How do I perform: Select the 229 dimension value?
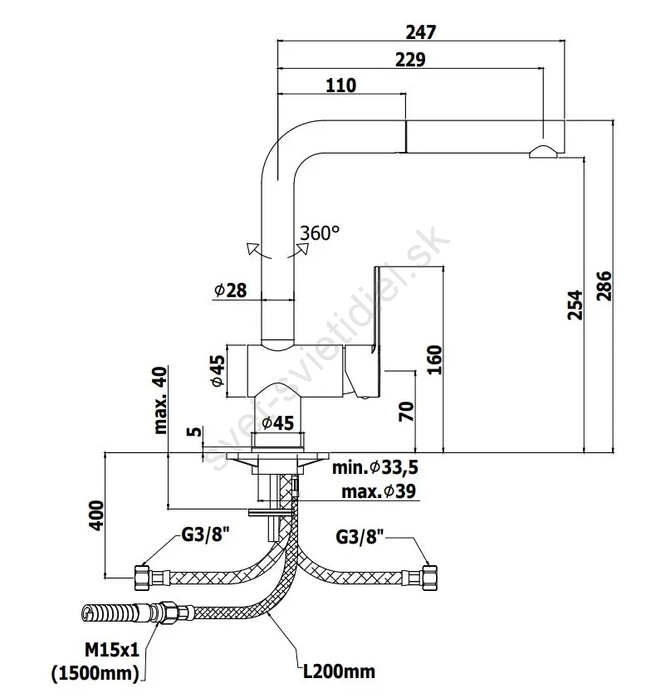pyautogui.click(x=410, y=59)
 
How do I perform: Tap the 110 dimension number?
pyautogui.click(x=340, y=85)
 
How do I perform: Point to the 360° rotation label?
pyautogui.click(x=321, y=233)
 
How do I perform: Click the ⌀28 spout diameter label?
pyautogui.click(x=230, y=290)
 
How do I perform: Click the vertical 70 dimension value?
pyautogui.click(x=406, y=411)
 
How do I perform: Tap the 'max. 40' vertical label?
pyautogui.click(x=161, y=400)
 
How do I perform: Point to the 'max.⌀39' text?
pyautogui.click(x=379, y=492)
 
